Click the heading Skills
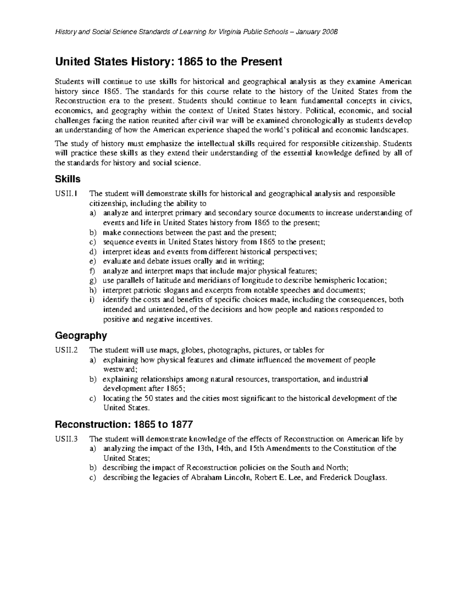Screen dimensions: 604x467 (x=68, y=179)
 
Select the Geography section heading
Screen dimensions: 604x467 (x=81, y=335)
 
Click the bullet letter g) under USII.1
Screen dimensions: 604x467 (x=92, y=281)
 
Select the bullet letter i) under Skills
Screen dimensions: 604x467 (x=91, y=300)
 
